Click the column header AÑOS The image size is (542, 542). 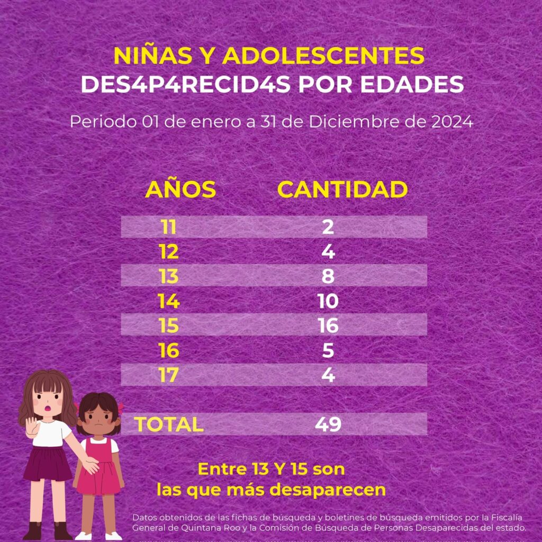(x=180, y=189)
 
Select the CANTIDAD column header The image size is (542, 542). (x=342, y=189)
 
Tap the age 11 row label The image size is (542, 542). (x=169, y=227)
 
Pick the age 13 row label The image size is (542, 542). (x=169, y=276)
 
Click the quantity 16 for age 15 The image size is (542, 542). (x=328, y=326)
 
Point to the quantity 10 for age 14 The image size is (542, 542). (x=328, y=301)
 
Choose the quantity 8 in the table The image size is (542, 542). (x=328, y=276)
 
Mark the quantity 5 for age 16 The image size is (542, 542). (x=328, y=350)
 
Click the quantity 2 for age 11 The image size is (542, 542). (x=328, y=227)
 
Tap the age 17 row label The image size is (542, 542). (x=169, y=375)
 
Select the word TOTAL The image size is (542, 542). (x=169, y=424)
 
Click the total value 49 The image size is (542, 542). (x=328, y=424)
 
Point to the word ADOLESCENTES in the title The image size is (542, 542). (x=323, y=56)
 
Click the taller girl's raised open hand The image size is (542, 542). (x=32, y=426)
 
